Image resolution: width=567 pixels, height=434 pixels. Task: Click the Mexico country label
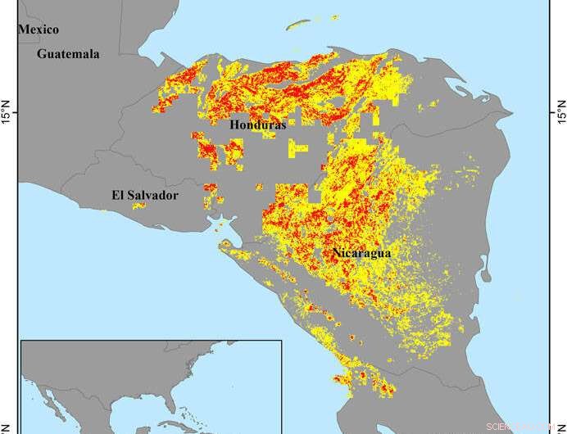pyautogui.click(x=39, y=29)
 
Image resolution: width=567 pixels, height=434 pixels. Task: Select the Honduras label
pyautogui.click(x=256, y=125)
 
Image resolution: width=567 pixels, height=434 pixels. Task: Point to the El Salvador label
pyautogui.click(x=144, y=195)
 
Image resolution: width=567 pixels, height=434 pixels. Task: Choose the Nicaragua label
pyautogui.click(x=361, y=253)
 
